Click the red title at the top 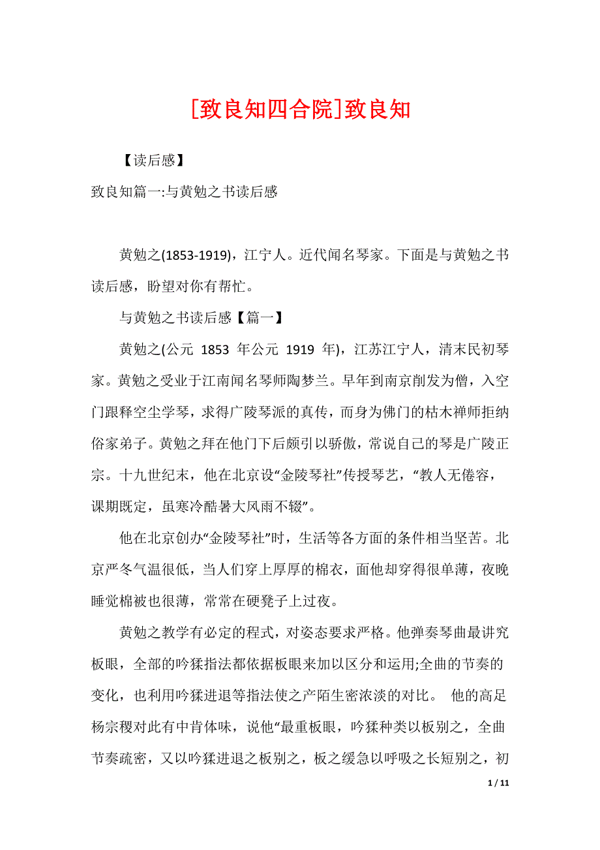coord(301,109)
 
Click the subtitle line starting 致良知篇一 coord(185,192)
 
